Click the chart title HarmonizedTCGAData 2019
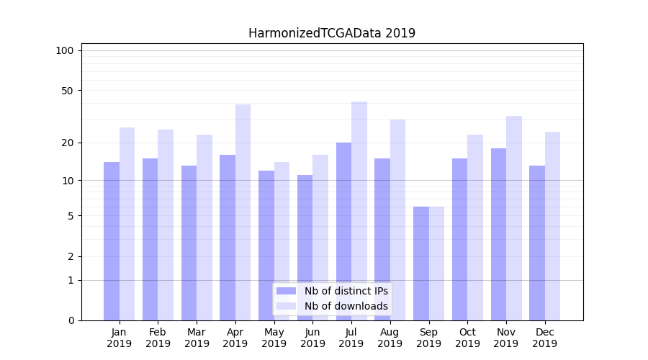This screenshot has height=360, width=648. click(332, 33)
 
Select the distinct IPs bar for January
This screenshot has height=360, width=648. click(112, 241)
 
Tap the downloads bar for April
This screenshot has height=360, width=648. click(243, 212)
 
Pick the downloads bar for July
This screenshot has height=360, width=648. click(359, 211)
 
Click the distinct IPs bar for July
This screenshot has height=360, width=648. click(343, 231)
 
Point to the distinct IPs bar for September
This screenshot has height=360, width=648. click(421, 264)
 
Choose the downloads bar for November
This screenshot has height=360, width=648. click(514, 218)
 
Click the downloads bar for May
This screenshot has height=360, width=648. click(282, 241)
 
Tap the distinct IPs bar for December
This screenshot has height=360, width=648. click(537, 243)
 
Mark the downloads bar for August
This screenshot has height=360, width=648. click(397, 220)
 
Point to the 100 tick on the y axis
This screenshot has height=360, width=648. click(65, 50)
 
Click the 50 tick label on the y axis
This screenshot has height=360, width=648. click(68, 91)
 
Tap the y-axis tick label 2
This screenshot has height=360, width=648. click(71, 256)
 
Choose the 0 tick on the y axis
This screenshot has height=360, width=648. click(71, 320)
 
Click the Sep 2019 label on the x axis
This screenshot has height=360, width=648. click(428, 338)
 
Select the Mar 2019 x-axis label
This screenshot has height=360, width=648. click(197, 338)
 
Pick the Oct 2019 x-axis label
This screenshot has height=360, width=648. click(467, 338)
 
